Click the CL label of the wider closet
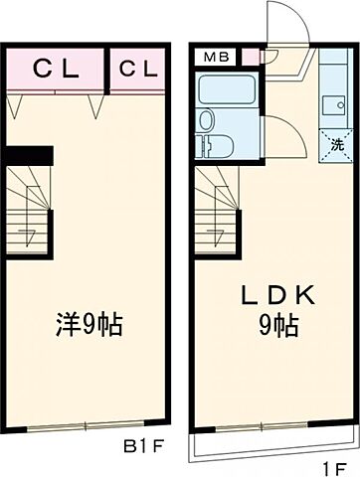coord(57,70)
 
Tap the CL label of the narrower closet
coord(138,70)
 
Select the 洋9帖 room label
coord(90,325)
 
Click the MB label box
coord(215,57)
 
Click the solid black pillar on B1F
coord(27,155)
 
